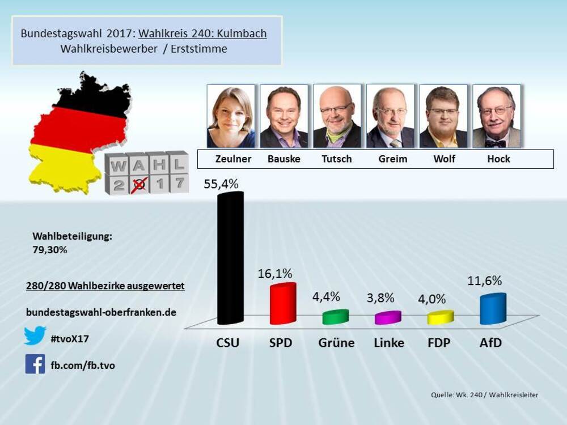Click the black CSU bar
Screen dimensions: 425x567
click(x=230, y=258)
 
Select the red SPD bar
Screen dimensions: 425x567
click(x=282, y=304)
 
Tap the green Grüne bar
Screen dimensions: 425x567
click(x=335, y=317)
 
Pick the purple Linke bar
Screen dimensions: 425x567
click(x=388, y=317)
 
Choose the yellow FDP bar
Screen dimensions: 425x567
click(x=441, y=317)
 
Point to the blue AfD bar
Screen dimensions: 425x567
click(x=492, y=309)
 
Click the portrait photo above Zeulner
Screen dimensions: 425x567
click(x=231, y=116)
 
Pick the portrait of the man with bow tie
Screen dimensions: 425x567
click(x=497, y=116)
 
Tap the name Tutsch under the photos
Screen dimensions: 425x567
click(x=337, y=159)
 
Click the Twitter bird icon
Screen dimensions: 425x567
click(x=35, y=336)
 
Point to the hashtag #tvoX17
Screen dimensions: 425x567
click(x=70, y=339)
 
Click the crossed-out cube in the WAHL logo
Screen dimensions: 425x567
click(x=138, y=184)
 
